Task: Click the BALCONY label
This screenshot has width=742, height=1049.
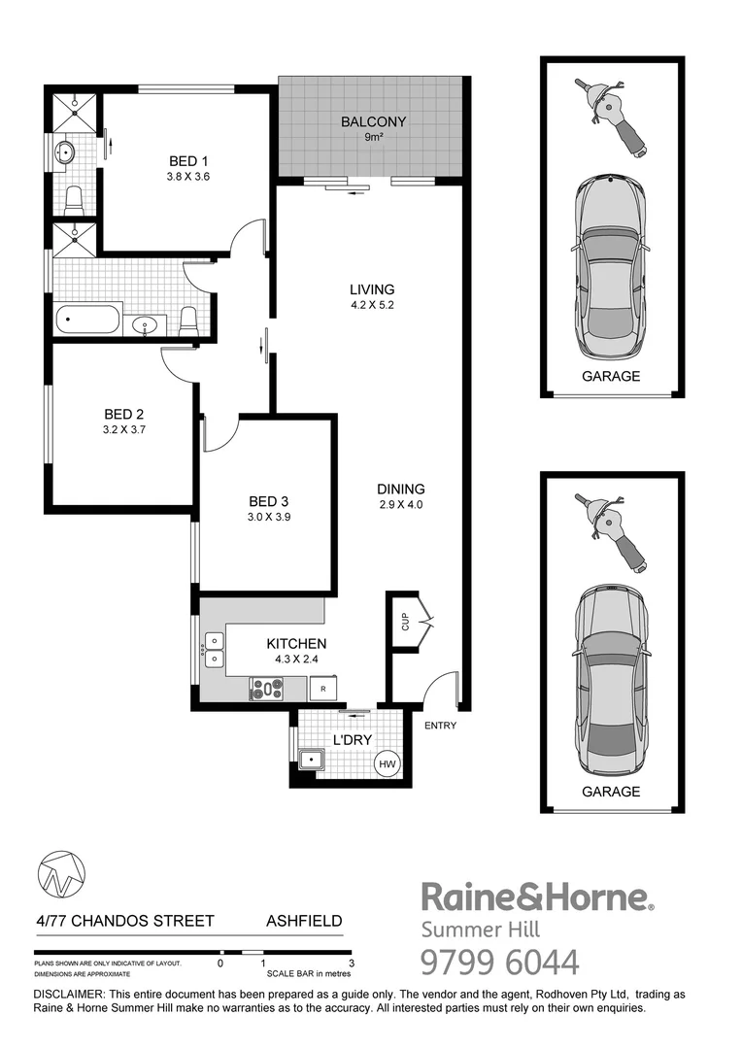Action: (373, 122)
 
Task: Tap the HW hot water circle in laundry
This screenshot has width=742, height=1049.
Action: (388, 765)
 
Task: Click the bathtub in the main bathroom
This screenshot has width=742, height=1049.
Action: (88, 320)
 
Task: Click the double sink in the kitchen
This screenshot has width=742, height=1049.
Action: (214, 650)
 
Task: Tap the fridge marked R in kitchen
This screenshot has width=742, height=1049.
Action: (322, 690)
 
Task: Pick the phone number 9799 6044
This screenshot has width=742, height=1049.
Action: (499, 962)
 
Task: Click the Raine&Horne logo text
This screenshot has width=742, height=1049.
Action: (535, 897)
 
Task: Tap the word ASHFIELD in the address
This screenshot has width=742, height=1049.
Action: (304, 921)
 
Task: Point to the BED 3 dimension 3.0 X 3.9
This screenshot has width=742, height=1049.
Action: (269, 518)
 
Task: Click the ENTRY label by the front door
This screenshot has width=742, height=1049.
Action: (440, 726)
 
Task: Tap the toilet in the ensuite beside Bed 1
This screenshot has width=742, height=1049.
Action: (74, 200)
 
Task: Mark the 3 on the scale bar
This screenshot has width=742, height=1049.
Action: (351, 964)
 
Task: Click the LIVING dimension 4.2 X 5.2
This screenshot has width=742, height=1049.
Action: (373, 305)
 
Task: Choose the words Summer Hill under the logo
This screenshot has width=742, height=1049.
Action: (473, 929)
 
